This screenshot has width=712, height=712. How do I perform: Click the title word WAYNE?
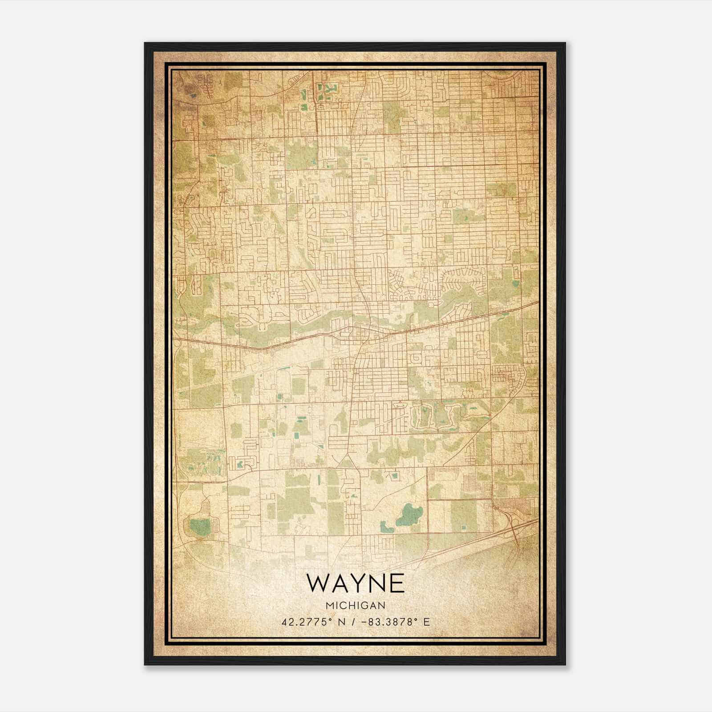tap(356, 583)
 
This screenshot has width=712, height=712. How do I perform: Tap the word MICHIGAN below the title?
tap(356, 606)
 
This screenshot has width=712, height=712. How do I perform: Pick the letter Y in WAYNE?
tap(356, 583)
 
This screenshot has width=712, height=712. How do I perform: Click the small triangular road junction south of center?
tap(346, 462)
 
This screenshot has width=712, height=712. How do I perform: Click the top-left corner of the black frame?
tap(146, 44)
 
